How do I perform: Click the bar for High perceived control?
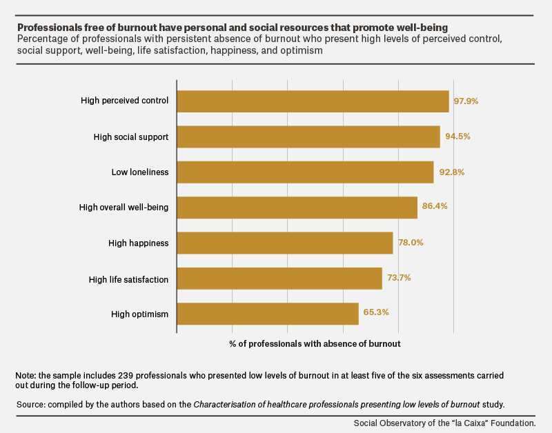[x=313, y=101]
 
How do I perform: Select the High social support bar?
[x=308, y=137]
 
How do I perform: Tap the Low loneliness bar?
[x=305, y=172]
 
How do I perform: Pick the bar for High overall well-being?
[x=297, y=208]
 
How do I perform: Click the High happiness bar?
[x=285, y=243]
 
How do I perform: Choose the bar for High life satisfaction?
[x=279, y=279]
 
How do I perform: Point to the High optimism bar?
[x=268, y=314]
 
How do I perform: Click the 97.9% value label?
[x=466, y=101]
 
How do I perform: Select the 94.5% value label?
[x=457, y=136]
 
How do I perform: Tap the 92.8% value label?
[x=452, y=172]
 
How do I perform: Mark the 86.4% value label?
[x=435, y=205]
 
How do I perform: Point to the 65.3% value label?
[x=376, y=312]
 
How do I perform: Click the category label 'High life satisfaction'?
[x=128, y=280]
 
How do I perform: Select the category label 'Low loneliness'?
[x=140, y=172]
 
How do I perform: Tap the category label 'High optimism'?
[x=140, y=314]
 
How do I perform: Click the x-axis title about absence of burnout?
[x=315, y=343]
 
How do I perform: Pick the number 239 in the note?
[x=126, y=376]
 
